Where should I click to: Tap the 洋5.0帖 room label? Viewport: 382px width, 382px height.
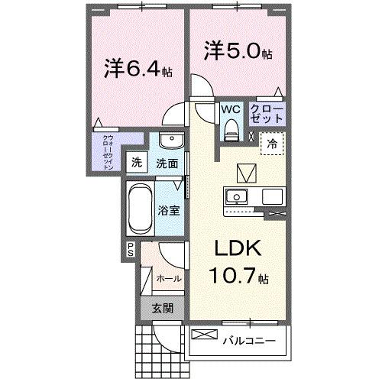point(237,53)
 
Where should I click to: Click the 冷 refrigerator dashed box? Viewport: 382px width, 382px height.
point(272,143)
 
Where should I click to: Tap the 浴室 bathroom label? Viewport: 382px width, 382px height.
point(170,210)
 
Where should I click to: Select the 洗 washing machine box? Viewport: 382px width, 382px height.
point(137,162)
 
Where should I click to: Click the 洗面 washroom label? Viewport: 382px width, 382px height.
point(167,163)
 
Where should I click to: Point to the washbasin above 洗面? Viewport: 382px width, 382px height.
point(172,143)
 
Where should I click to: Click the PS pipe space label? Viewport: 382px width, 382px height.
point(131,248)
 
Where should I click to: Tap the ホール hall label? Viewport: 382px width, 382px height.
point(168,278)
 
